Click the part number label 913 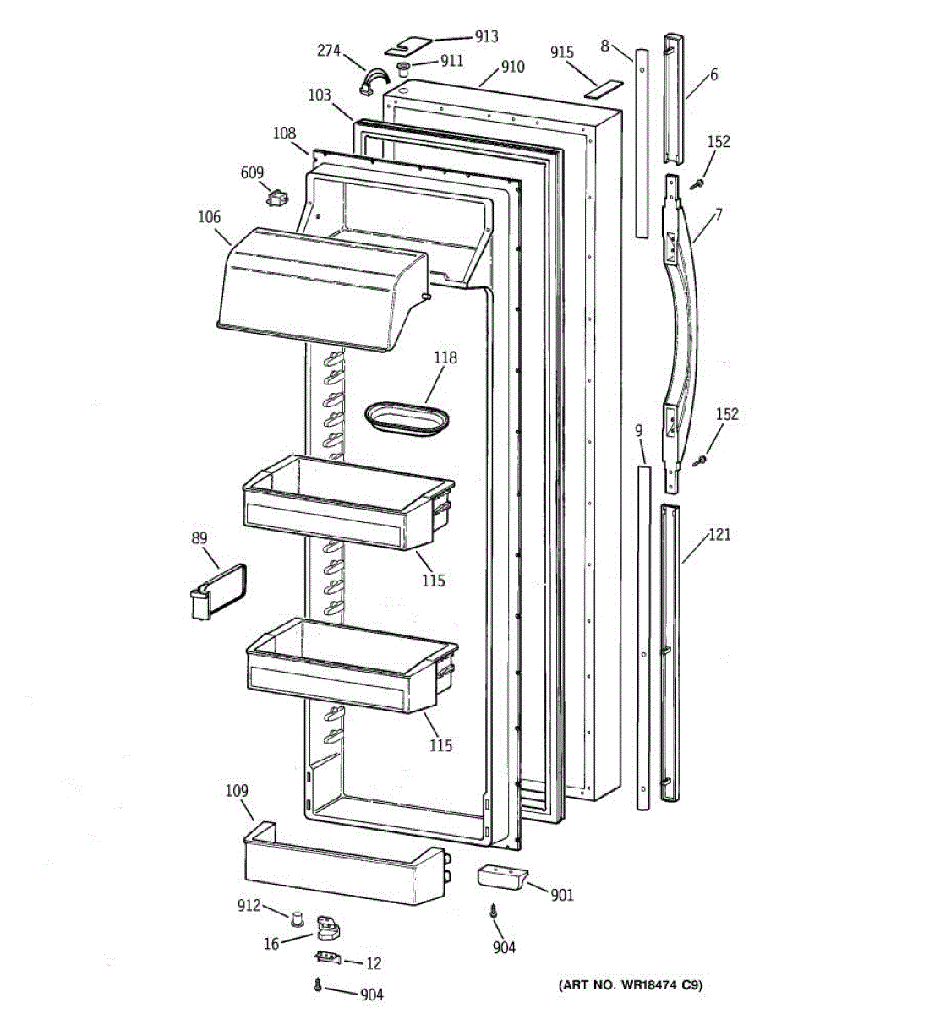[x=486, y=37]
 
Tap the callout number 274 [x=329, y=51]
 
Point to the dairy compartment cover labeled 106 [x=321, y=287]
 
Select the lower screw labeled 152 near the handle [x=700, y=461]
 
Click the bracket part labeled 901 [x=501, y=876]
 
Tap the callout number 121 [x=719, y=534]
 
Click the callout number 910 [x=512, y=68]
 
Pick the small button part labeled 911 [x=404, y=65]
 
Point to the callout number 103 [x=319, y=95]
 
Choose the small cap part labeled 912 [x=297, y=918]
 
